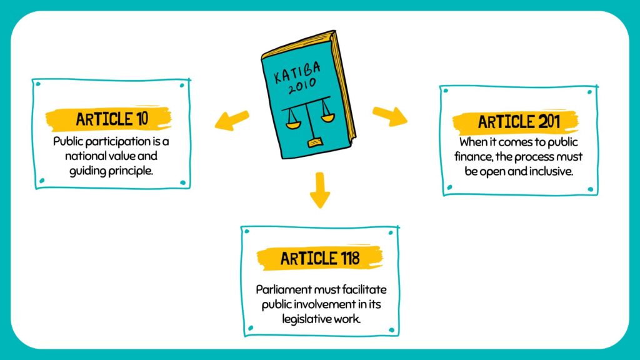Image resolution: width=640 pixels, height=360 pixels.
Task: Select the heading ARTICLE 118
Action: point(319,257)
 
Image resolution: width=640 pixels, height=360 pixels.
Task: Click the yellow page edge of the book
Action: point(346,87)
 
